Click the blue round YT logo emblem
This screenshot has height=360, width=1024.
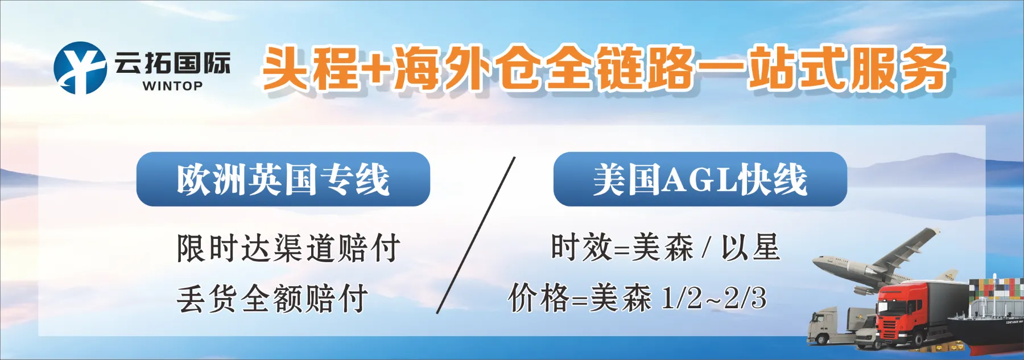[80, 68]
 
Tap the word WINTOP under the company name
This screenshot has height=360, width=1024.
[172, 86]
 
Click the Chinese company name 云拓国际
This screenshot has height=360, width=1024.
[172, 63]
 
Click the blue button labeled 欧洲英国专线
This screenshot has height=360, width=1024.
[283, 179]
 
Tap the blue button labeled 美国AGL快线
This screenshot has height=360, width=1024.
[700, 179]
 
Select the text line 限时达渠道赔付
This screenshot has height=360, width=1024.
[288, 249]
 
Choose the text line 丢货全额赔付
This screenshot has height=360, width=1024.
[272, 299]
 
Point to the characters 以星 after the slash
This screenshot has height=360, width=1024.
[750, 248]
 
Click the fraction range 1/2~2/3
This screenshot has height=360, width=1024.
[714, 298]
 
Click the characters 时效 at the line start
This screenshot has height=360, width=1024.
[581, 248]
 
